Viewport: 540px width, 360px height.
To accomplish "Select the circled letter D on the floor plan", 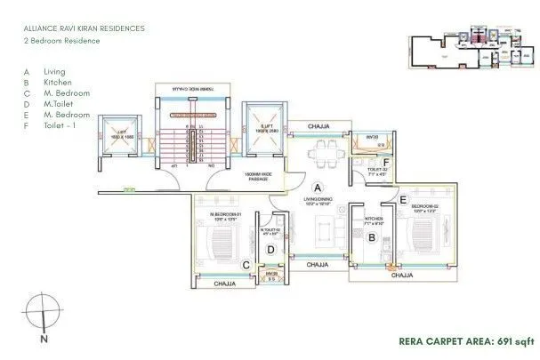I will click(270, 250).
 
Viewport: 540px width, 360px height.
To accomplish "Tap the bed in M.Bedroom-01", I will click(219, 240).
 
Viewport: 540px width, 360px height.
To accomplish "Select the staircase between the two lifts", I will click(195, 137).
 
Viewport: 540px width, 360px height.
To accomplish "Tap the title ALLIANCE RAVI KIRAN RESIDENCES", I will click(85, 28).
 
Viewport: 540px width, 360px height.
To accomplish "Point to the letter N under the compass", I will click(42, 339).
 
